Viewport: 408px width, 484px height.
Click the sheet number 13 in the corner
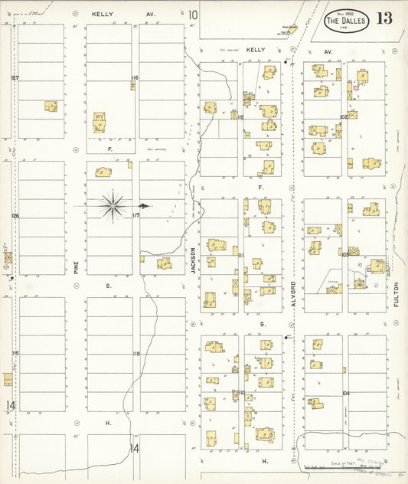click(x=384, y=18)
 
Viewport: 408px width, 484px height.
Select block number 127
click(x=15, y=78)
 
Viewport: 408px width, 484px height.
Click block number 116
click(x=135, y=78)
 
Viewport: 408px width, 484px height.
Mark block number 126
click(x=15, y=216)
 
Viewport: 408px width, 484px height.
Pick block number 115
click(x=15, y=353)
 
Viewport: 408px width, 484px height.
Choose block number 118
click(x=136, y=353)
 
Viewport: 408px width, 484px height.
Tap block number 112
click(x=240, y=117)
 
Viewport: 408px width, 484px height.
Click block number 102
click(x=344, y=116)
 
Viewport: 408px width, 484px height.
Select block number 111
click(x=240, y=255)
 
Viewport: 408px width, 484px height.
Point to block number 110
click(x=240, y=393)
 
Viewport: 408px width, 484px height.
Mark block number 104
click(x=346, y=393)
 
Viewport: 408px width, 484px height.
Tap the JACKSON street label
click(x=194, y=260)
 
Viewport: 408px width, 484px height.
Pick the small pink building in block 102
click(x=356, y=87)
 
